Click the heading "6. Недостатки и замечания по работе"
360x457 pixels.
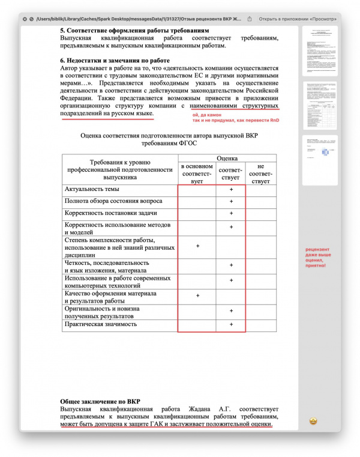tap(115, 61)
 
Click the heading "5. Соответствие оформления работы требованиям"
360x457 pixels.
tap(135, 30)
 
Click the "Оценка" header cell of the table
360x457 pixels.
tap(226, 158)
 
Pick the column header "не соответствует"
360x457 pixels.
tap(260, 174)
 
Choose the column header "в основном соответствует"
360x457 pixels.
tap(197, 174)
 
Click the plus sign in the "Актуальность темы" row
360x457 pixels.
tap(231, 190)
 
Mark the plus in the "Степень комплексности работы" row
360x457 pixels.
tap(197, 246)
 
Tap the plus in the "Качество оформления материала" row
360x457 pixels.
tap(197, 296)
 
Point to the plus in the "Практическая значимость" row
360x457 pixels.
tap(231, 324)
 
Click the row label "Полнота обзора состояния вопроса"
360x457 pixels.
tap(113, 202)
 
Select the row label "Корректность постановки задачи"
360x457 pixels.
tap(111, 214)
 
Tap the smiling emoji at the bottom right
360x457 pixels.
tap(313, 421)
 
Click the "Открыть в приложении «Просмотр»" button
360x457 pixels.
tap(302, 19)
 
